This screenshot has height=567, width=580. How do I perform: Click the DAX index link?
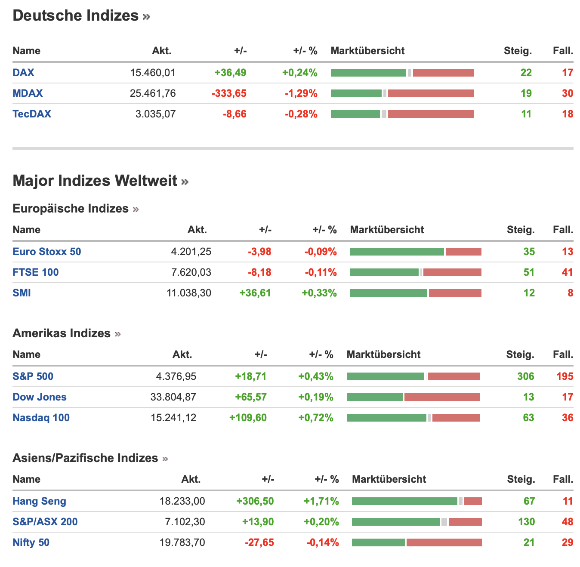click(23, 73)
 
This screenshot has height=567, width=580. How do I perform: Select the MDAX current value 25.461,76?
click(153, 93)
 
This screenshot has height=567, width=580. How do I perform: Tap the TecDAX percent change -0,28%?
click(301, 114)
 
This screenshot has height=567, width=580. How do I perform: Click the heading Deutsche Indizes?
click(76, 15)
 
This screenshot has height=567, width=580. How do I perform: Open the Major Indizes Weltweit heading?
click(95, 181)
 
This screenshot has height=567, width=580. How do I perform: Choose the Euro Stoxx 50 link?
click(46, 252)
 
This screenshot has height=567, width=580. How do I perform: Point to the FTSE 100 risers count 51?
click(529, 272)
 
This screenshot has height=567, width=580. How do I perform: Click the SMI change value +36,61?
click(255, 293)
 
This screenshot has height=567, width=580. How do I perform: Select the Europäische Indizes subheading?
click(71, 209)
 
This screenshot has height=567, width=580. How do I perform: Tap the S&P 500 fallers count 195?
click(565, 376)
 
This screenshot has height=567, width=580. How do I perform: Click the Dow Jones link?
click(40, 397)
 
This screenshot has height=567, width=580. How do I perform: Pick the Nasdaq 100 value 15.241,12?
click(173, 418)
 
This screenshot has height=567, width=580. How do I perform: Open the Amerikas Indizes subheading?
click(62, 333)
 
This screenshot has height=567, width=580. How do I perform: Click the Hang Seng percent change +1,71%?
click(321, 501)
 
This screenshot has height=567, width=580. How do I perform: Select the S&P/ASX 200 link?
click(45, 522)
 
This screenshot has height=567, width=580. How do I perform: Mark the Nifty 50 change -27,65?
click(259, 542)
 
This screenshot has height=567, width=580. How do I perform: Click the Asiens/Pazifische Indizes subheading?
click(85, 458)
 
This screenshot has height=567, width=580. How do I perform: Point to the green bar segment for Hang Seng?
click(404, 501)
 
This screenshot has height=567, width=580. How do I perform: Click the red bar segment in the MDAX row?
click(430, 93)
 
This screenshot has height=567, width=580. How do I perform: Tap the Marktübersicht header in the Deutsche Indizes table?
click(367, 51)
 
